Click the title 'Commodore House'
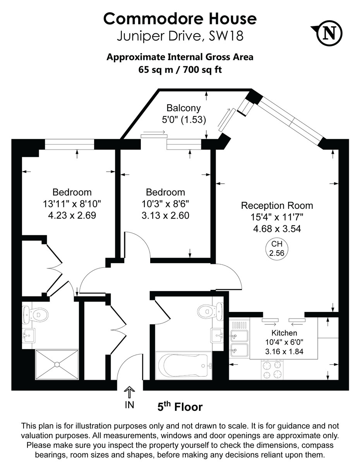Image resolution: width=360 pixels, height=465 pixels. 180,18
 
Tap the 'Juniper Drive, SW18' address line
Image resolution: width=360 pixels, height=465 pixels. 180,36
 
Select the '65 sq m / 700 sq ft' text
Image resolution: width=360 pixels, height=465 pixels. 180,69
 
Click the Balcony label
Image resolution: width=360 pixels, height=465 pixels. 183,108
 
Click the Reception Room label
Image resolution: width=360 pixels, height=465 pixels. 277,205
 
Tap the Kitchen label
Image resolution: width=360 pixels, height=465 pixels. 284,333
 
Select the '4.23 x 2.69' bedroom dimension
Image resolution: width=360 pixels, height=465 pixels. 72,215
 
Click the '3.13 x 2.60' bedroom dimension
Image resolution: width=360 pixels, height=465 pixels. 165,215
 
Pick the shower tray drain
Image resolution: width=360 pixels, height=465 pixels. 57,364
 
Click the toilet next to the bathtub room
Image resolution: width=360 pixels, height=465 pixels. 210,310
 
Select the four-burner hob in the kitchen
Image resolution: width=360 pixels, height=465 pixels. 272,370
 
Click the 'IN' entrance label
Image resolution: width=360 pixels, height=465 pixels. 129,405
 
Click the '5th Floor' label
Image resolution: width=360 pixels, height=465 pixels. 180,407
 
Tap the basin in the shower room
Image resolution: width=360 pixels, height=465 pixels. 28,335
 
